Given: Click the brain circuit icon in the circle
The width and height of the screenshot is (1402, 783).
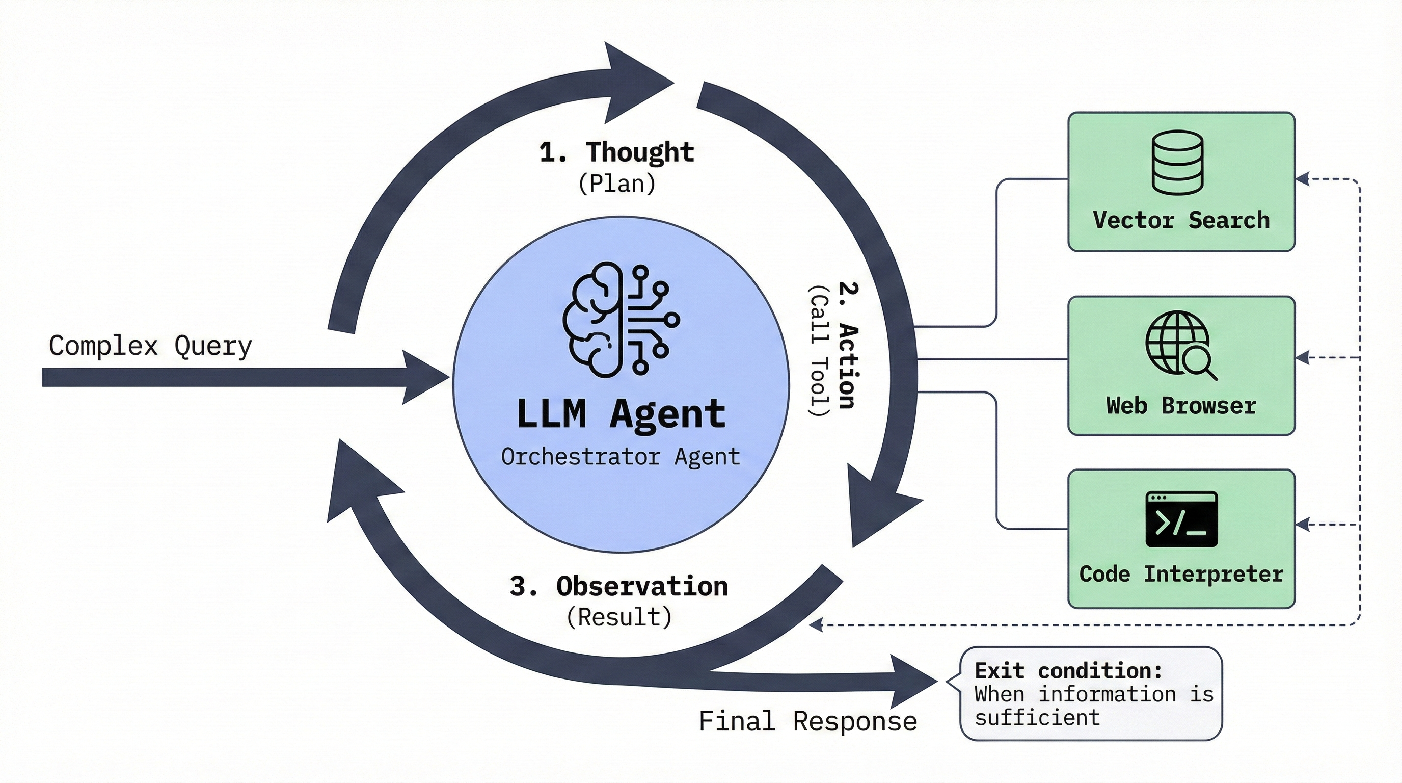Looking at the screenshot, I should point(621,320).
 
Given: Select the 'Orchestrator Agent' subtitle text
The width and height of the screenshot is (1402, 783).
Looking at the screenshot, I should point(621,456).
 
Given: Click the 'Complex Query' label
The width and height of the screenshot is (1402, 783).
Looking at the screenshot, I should point(150,346).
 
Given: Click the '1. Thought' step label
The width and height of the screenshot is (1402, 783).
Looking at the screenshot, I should point(616,152).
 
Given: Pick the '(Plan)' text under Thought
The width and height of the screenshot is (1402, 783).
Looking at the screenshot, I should point(616,184).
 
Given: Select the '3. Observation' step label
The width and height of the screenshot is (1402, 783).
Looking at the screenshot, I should point(619,586).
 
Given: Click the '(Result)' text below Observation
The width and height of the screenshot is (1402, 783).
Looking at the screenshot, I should point(619,617).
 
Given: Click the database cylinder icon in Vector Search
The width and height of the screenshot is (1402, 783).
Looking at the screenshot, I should point(1177,162).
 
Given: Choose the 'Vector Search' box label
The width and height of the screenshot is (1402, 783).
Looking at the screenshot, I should point(1181,221).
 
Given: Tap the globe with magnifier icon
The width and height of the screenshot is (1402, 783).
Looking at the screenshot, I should point(1180,344).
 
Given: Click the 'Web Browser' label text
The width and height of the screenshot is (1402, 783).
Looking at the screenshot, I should point(1181,406).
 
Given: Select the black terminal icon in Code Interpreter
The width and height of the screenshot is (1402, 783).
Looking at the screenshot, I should point(1181,519).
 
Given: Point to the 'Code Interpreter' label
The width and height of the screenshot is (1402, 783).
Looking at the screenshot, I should point(1181,575).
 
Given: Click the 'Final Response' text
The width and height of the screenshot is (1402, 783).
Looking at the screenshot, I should point(807,721).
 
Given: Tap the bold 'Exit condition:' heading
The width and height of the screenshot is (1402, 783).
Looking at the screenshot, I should point(1068,671).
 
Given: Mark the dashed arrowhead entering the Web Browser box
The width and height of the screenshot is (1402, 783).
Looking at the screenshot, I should point(1302,358).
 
